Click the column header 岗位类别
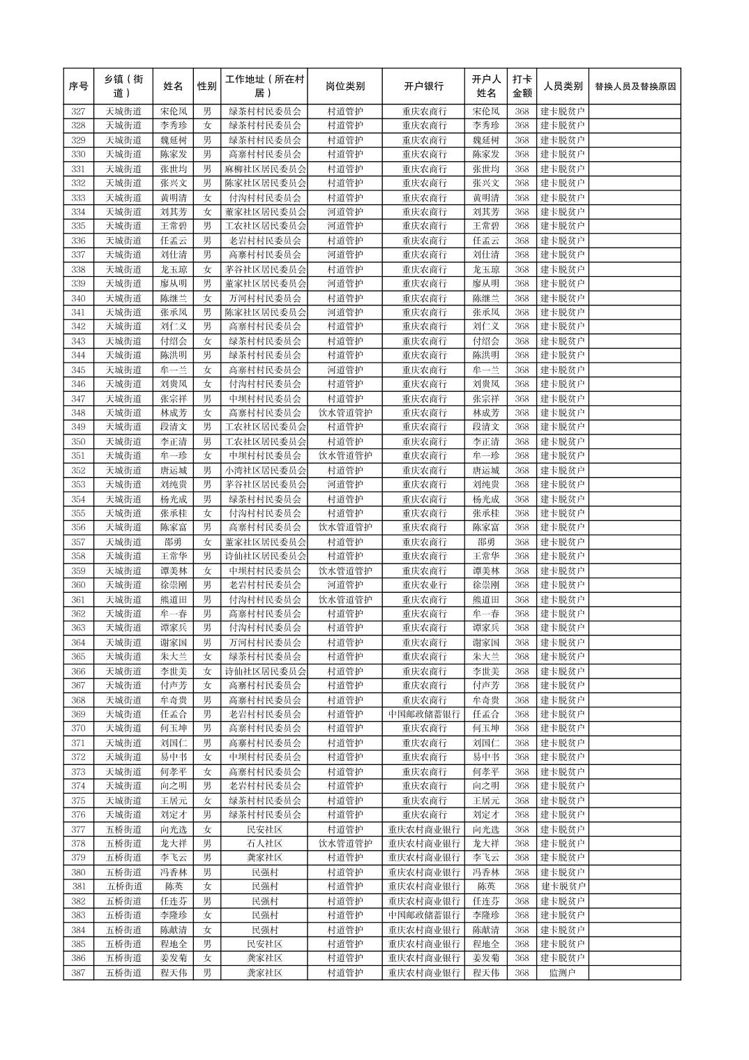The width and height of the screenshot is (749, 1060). tap(345, 86)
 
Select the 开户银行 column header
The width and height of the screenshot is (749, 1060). tap(423, 86)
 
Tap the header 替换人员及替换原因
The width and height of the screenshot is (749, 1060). tap(634, 86)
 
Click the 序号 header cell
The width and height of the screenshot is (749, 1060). tap(78, 86)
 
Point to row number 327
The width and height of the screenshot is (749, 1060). tap(78, 112)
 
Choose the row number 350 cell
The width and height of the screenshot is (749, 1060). tap(78, 441)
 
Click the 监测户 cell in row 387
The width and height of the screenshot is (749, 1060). tap(562, 973)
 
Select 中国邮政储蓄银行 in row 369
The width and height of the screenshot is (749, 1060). tap(423, 714)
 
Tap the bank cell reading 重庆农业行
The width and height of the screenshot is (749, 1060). tap(423, 585)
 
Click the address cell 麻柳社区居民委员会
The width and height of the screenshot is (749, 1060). tap(264, 169)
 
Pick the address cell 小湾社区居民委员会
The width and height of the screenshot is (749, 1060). tap(264, 470)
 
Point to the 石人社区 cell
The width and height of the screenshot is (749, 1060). tap(264, 843)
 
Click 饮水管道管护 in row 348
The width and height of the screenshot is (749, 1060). tap(345, 413)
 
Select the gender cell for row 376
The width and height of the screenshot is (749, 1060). tap(206, 815)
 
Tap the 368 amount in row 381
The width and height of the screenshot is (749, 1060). tap(522, 886)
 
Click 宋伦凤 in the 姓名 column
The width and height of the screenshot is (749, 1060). tap(173, 112)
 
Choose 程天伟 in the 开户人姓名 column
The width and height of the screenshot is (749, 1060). tap(485, 973)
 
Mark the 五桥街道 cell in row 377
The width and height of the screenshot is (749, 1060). tap(123, 829)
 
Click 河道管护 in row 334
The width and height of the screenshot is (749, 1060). tap(345, 212)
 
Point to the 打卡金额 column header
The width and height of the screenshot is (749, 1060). tap(522, 86)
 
